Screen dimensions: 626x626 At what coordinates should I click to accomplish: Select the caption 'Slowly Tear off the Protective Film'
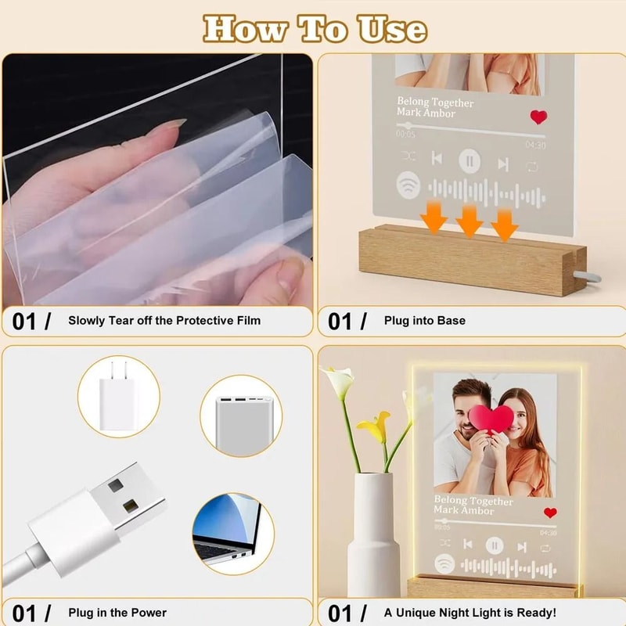(x=164, y=320)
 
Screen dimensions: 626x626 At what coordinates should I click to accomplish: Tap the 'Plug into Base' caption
(x=424, y=320)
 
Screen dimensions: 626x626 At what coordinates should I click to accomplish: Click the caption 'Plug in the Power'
(x=117, y=612)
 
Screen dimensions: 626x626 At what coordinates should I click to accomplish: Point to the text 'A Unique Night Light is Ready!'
(x=469, y=612)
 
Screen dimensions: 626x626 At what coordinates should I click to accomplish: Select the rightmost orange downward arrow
(x=505, y=226)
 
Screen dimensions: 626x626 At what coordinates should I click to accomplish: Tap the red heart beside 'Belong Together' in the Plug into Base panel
(x=538, y=117)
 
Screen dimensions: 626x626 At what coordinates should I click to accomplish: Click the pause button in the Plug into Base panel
(x=469, y=161)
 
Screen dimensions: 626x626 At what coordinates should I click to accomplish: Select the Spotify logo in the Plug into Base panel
(x=408, y=185)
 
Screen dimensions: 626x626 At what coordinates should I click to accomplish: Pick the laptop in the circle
(x=232, y=532)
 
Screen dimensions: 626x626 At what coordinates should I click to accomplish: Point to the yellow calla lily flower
(x=374, y=426)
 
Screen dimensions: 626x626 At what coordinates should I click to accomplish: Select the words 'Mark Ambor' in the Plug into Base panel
(x=423, y=113)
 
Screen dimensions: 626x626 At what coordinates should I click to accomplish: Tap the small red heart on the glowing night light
(x=550, y=513)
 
